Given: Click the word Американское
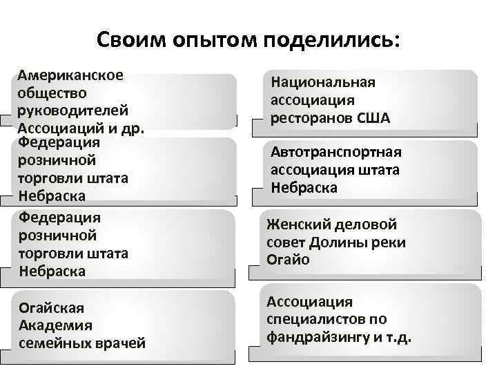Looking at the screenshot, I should click(x=70, y=75).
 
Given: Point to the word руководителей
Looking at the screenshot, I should click(x=73, y=111).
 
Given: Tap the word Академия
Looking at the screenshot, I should click(x=55, y=325).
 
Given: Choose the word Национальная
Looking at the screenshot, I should click(x=323, y=83).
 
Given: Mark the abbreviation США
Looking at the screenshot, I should click(x=373, y=118).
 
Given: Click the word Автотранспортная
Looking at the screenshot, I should click(x=336, y=152).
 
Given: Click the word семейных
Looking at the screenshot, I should click(x=58, y=343).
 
